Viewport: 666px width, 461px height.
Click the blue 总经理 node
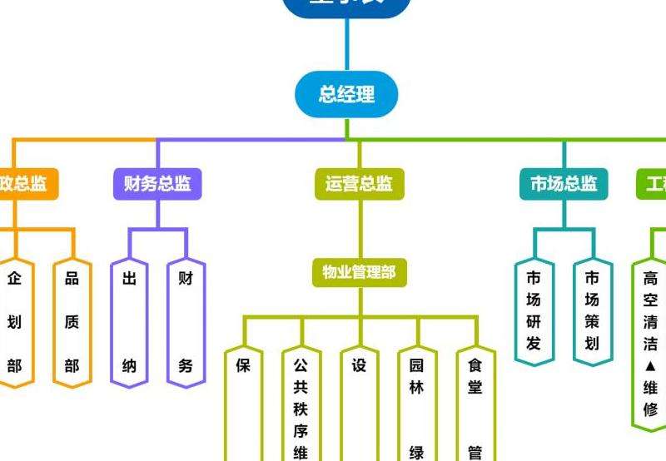point(346,94)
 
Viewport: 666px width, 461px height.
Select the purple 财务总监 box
point(157,184)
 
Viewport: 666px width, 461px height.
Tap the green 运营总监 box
point(359,184)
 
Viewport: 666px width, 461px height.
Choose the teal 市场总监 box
point(564,184)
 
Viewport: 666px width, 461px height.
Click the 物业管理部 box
point(360,271)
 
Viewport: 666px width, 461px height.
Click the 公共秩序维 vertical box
point(301,408)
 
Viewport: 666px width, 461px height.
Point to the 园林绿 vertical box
point(417,408)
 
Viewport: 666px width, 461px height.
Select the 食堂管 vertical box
point(475,408)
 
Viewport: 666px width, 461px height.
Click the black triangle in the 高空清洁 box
point(650,366)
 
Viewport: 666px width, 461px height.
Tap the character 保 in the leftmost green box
point(243,365)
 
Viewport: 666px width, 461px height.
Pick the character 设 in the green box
point(359,365)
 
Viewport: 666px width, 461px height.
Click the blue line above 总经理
point(346,46)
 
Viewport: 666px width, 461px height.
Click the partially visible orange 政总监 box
point(25,184)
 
